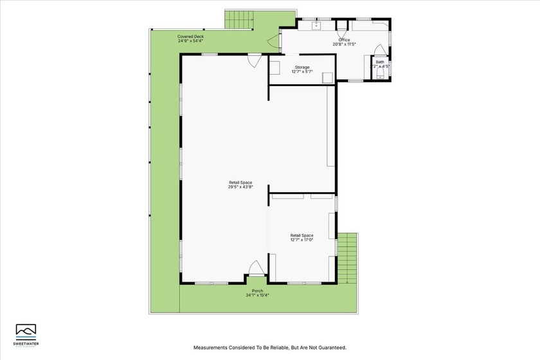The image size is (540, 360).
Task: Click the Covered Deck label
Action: point(191,37)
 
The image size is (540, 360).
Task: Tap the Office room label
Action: point(345,40)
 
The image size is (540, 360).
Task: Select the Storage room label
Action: point(302,67)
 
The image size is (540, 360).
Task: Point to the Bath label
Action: point(380,62)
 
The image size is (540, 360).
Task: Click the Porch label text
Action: point(257,291)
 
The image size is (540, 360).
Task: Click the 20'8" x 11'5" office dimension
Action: point(345,44)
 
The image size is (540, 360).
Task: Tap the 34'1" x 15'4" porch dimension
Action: point(257,296)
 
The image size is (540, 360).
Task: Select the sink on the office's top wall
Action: point(316,25)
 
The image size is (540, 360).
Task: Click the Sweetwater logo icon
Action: point(26,330)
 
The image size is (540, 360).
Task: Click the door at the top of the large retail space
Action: point(255,60)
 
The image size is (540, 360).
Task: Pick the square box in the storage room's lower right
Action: point(327,78)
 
